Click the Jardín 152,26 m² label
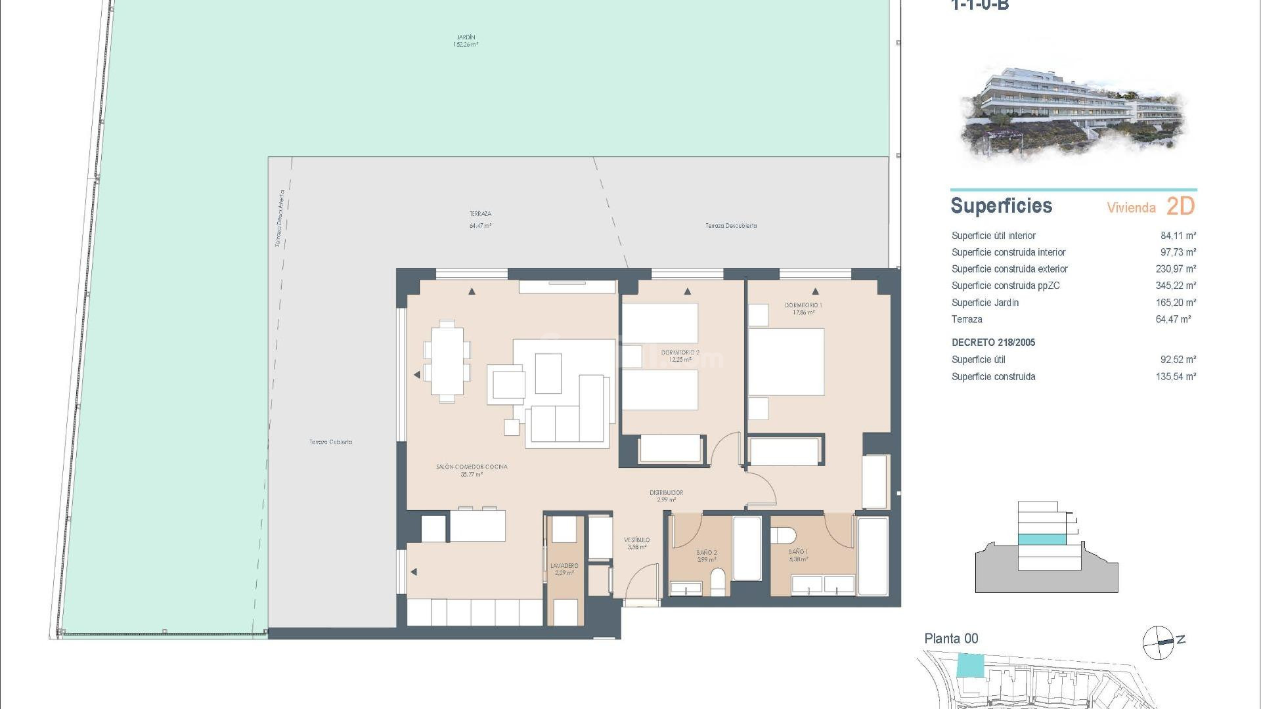click(x=466, y=41)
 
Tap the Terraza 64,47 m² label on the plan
click(x=480, y=219)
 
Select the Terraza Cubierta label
click(x=330, y=442)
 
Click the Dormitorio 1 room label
click(x=803, y=309)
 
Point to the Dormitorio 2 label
click(x=680, y=356)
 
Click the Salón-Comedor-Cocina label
click(x=472, y=470)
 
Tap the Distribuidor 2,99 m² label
click(x=666, y=496)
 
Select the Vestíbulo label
click(x=636, y=543)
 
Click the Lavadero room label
click(x=564, y=569)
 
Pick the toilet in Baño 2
click(x=719, y=581)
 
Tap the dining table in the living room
click(x=447, y=361)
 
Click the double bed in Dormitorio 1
click(x=785, y=362)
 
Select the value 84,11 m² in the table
click(x=1178, y=236)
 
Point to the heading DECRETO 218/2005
click(x=993, y=343)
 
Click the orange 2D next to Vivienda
click(x=1180, y=206)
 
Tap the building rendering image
click(x=1073, y=112)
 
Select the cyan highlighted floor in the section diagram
click(x=1042, y=540)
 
